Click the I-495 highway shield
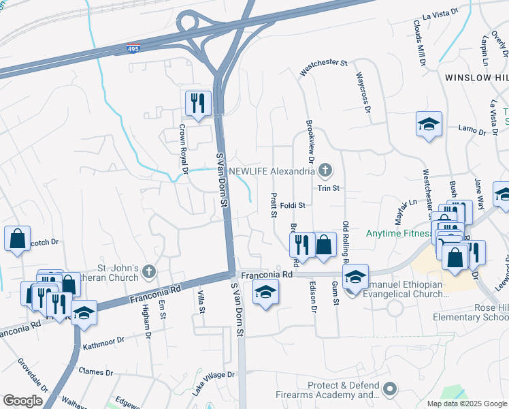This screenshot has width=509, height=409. pos(133,49)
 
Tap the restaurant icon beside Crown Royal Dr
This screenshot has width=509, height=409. pos(198,104)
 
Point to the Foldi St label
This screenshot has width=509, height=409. pos(293,204)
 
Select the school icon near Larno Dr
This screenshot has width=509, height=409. pos(429,125)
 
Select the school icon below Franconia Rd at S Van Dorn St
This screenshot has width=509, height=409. pos(265,293)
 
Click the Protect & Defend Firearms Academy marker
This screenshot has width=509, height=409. pos(389,389)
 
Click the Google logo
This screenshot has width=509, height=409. pos(22,401)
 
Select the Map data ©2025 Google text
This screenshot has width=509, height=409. pos(467,404)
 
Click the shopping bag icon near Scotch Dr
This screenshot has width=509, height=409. pos(17,239)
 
